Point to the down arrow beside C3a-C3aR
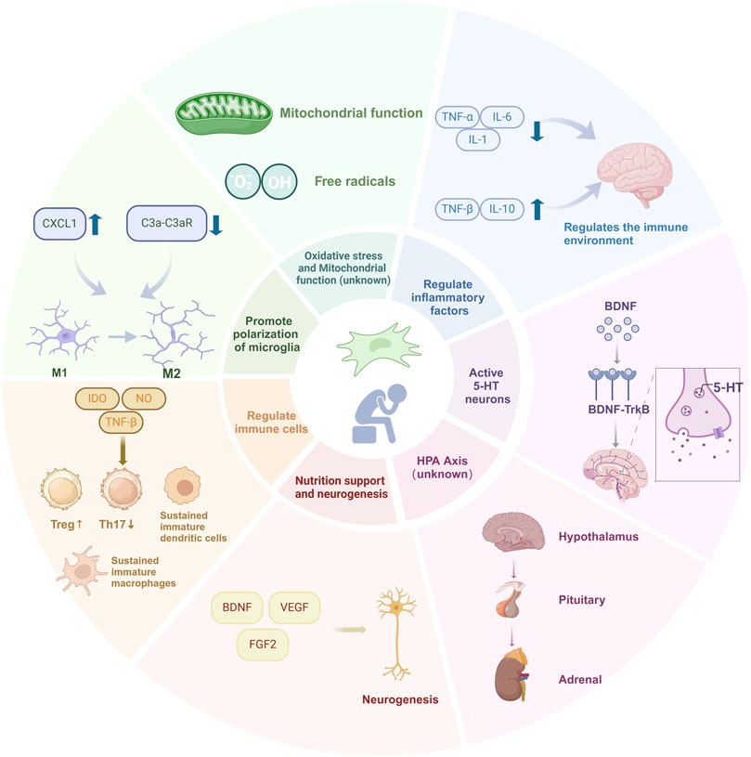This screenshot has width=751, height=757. point(216,223)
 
